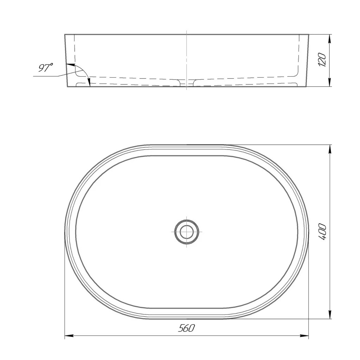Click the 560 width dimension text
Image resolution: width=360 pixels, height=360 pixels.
186,328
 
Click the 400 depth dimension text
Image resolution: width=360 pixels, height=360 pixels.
323,231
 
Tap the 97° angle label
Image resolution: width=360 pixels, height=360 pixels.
45,68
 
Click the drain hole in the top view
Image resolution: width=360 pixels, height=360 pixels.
187,232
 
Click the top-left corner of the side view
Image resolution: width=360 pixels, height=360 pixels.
65,34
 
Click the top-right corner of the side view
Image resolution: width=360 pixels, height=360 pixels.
309,34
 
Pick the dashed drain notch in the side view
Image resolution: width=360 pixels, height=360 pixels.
187,82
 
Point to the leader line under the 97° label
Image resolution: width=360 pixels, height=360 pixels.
53,75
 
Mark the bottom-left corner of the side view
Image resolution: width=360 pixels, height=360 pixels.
67,86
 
